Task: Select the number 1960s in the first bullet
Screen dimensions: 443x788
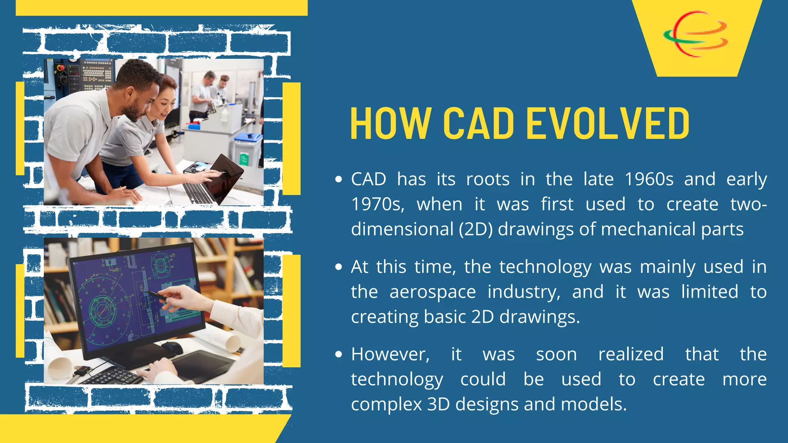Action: click(649, 179)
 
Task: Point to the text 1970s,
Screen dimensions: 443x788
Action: click(377, 204)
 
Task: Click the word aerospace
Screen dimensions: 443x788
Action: click(432, 292)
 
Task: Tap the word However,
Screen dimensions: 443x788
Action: click(390, 354)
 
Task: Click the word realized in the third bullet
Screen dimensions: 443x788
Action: click(631, 354)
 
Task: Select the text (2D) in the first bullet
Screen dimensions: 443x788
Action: click(476, 229)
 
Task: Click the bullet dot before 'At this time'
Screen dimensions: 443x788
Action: click(339, 267)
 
